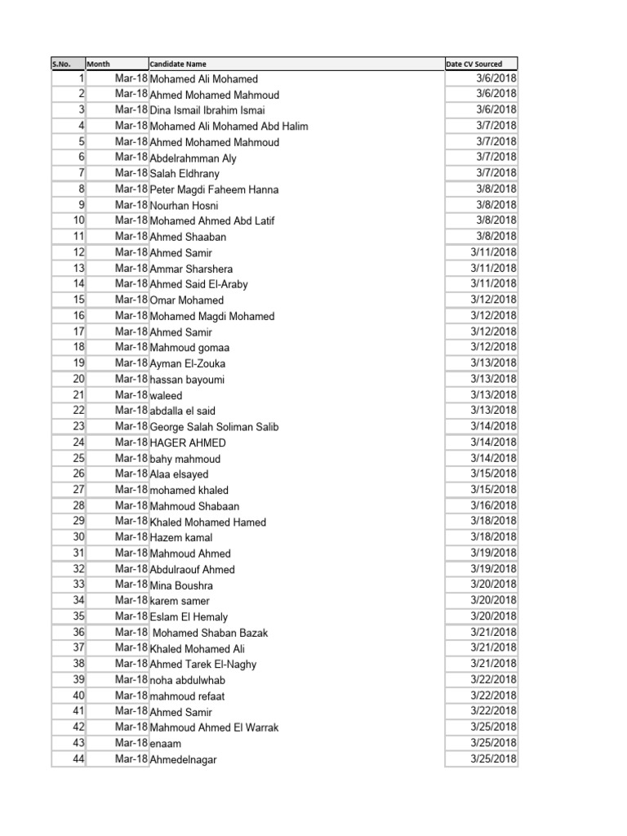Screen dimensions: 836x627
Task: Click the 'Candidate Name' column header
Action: (x=178, y=64)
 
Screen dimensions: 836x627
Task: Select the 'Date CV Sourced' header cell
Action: (x=474, y=64)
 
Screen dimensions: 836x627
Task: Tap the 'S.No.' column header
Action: (x=62, y=64)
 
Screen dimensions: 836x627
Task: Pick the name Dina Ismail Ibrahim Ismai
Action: (x=207, y=110)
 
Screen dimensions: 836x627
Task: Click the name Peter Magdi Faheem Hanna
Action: (x=214, y=189)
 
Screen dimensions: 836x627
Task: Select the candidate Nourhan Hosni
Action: (x=185, y=206)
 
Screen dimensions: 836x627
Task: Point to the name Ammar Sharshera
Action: (x=191, y=269)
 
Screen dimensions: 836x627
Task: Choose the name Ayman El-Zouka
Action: (x=188, y=363)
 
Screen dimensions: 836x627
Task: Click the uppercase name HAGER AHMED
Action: (x=188, y=442)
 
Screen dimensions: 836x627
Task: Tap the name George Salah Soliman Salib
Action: (x=214, y=427)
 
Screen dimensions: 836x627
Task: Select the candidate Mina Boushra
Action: (x=181, y=585)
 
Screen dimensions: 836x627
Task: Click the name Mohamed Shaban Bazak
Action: (x=211, y=633)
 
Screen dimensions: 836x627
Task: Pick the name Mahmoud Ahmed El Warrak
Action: (x=214, y=727)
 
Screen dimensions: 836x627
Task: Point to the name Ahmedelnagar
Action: (x=184, y=759)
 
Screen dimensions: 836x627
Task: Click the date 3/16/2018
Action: (x=493, y=505)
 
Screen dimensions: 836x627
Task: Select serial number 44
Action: (x=78, y=758)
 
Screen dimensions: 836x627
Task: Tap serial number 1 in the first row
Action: (x=82, y=78)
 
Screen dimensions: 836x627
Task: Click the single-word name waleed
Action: (x=167, y=395)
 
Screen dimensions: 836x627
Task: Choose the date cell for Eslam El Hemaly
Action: (x=493, y=616)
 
